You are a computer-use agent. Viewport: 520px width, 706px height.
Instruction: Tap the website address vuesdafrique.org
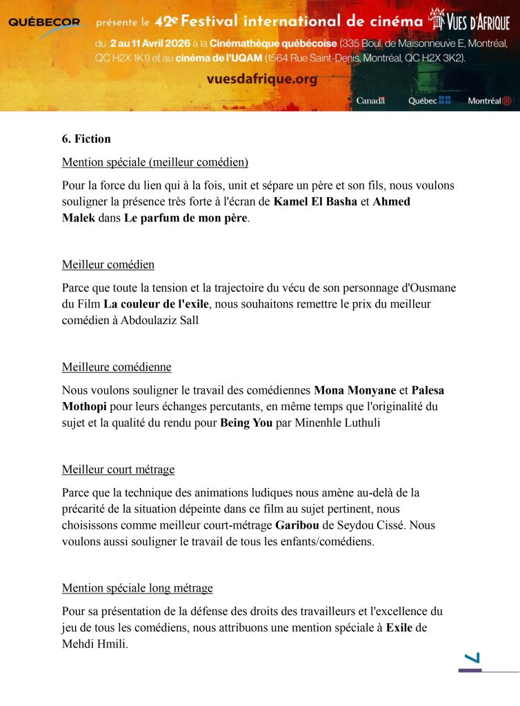(x=262, y=79)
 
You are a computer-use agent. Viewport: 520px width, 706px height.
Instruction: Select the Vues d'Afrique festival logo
(x=470, y=20)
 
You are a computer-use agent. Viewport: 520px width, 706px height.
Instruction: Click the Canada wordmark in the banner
(x=370, y=101)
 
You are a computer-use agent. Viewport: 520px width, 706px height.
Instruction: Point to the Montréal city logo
(x=490, y=101)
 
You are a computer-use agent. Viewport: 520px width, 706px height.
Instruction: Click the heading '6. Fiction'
(x=86, y=139)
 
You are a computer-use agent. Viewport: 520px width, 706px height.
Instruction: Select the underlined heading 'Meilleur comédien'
(x=108, y=265)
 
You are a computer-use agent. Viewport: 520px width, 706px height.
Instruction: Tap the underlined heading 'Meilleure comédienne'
(x=117, y=367)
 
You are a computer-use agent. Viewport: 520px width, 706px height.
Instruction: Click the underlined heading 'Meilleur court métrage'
(x=118, y=470)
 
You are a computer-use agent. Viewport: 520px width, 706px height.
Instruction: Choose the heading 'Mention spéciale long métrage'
(x=137, y=588)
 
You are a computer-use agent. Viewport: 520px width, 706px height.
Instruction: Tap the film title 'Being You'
(x=246, y=423)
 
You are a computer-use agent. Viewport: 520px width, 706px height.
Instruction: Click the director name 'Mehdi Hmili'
(x=95, y=644)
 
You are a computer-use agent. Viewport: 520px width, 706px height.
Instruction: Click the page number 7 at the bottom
(x=472, y=658)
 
